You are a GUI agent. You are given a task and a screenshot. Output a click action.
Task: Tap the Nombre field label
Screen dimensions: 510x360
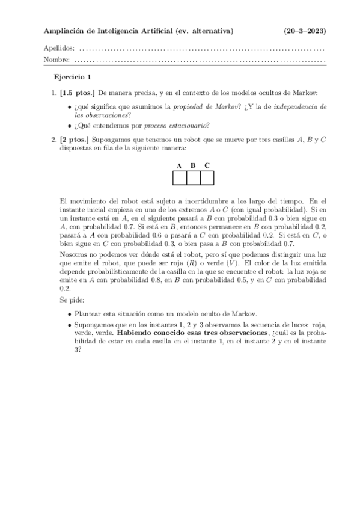pos(56,60)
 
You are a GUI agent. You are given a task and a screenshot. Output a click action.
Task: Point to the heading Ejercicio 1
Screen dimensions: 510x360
pos(72,77)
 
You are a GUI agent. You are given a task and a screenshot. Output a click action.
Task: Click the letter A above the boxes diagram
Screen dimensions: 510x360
pos(179,165)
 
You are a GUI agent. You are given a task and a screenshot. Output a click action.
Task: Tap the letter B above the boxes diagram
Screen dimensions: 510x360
pos(193,165)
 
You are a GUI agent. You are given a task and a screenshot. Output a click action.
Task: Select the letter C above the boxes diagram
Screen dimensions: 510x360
pos(207,165)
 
